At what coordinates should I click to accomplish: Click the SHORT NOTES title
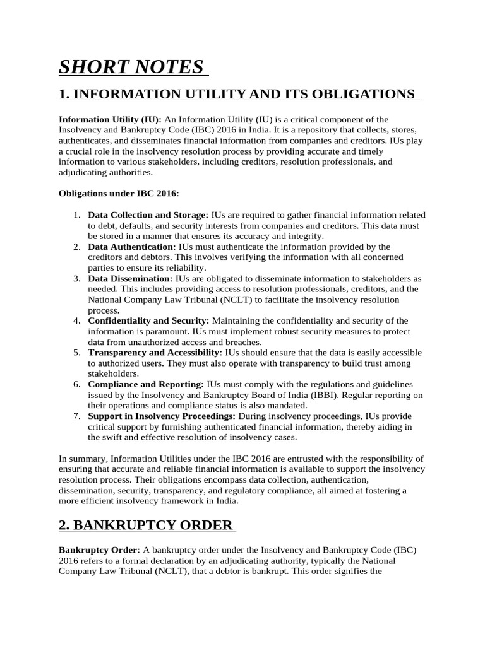[131, 67]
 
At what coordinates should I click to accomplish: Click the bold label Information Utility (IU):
[110, 119]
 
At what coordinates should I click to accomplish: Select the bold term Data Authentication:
[132, 247]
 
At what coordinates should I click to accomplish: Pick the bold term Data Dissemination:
[130, 278]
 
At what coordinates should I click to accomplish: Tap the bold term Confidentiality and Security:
[150, 320]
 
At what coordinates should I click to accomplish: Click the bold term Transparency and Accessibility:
[155, 352]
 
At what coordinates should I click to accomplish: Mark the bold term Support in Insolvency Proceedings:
[162, 416]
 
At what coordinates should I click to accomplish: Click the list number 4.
[76, 320]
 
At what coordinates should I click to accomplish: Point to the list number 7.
[76, 416]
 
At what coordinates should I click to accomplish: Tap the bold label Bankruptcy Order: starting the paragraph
[99, 549]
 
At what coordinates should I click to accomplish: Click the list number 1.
[76, 215]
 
